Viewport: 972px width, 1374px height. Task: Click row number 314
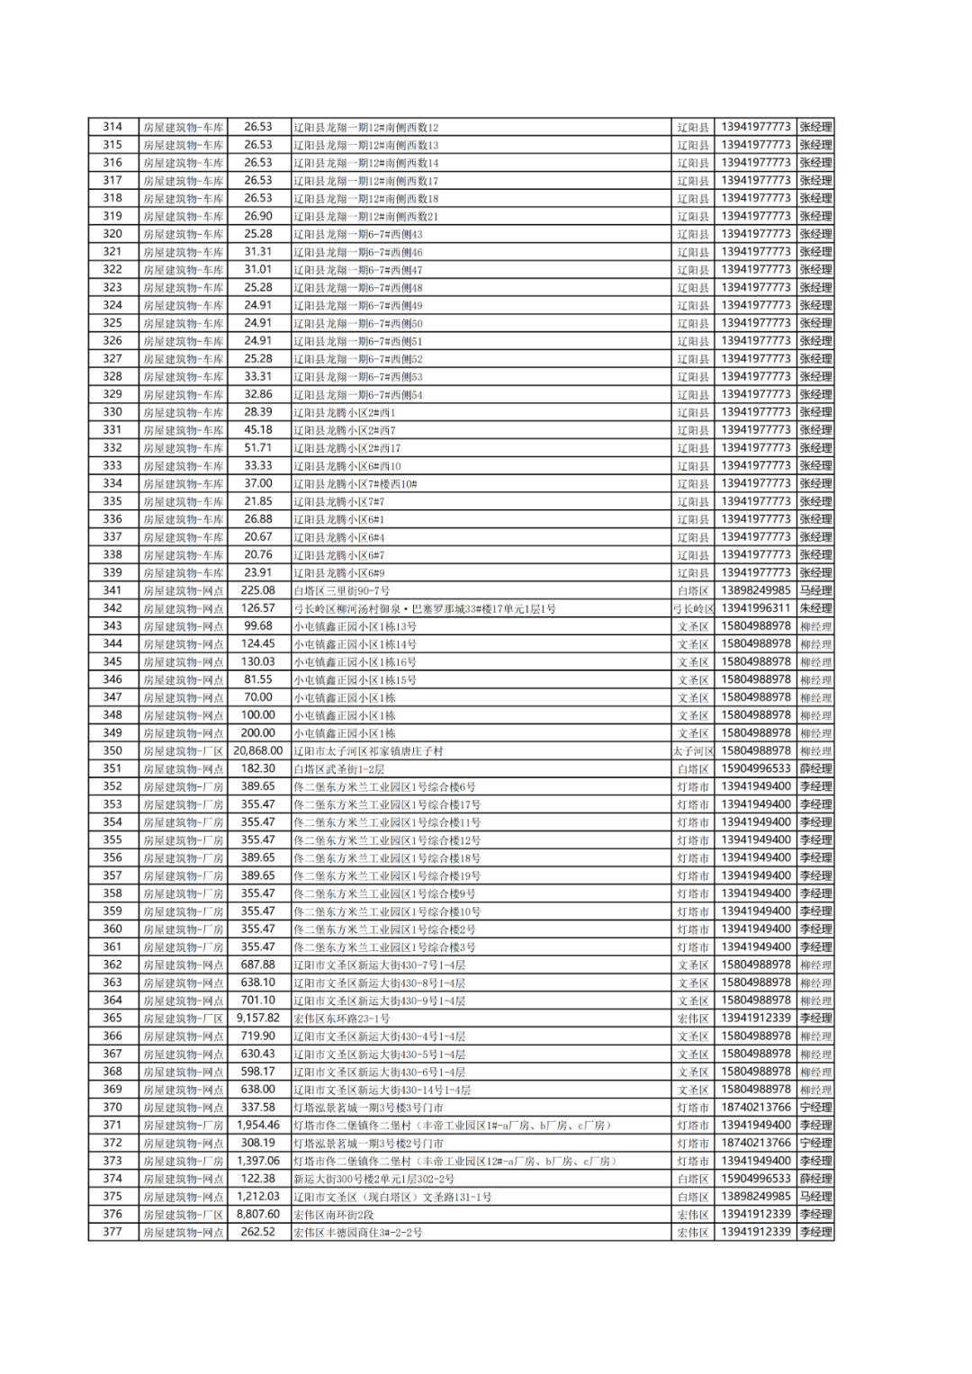pyautogui.click(x=112, y=127)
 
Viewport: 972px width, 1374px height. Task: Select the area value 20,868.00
pyautogui.click(x=258, y=750)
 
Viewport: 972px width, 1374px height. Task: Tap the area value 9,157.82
pyautogui.click(x=258, y=1018)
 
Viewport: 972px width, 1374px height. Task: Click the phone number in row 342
pyautogui.click(x=755, y=608)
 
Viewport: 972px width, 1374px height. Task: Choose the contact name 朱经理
pyautogui.click(x=815, y=608)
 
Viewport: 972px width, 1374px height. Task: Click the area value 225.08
pyautogui.click(x=258, y=590)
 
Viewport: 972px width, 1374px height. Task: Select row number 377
pyautogui.click(x=112, y=1232)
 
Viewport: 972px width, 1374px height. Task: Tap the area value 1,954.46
pyautogui.click(x=258, y=1125)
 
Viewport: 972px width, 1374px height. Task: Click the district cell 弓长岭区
pyautogui.click(x=693, y=608)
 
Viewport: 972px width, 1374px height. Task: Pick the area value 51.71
pyautogui.click(x=258, y=447)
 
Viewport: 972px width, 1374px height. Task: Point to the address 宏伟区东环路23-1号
pyautogui.click(x=342, y=1019)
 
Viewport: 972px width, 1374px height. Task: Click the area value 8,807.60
pyautogui.click(x=258, y=1214)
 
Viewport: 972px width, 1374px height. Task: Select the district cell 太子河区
pyautogui.click(x=693, y=750)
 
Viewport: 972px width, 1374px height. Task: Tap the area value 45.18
pyautogui.click(x=258, y=429)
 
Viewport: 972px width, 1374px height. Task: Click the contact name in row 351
pyautogui.click(x=815, y=768)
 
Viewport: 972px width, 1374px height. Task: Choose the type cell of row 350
pyautogui.click(x=184, y=750)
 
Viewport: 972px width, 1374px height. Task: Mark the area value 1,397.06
pyautogui.click(x=258, y=1161)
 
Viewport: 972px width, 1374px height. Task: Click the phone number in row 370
pyautogui.click(x=755, y=1107)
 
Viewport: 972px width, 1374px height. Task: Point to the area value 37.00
pyautogui.click(x=258, y=483)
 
